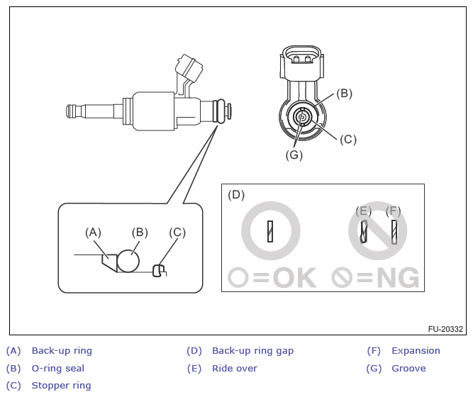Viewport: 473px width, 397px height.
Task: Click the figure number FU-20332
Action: pos(445,329)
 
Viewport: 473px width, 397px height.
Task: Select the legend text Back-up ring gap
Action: pos(252,351)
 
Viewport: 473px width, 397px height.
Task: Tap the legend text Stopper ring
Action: pos(61,386)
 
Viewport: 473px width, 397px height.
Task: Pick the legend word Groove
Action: pos(408,369)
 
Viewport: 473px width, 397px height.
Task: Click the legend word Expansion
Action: pos(416,351)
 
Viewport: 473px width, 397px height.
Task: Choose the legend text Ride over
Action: pos(235,369)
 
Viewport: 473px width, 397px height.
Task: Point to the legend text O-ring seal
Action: pos(58,369)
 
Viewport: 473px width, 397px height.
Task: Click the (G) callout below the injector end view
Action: pos(294,155)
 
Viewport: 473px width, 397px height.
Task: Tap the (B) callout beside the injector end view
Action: pos(344,94)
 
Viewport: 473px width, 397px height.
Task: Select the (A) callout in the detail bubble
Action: pos(93,233)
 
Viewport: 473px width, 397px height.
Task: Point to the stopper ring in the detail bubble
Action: pos(159,270)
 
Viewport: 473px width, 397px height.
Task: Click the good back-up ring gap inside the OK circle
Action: pos(270,231)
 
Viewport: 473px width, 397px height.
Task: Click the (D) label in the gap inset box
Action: pos(236,195)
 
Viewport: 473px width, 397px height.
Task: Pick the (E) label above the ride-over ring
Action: pos(363,211)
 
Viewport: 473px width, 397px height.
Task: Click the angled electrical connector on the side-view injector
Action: pos(189,68)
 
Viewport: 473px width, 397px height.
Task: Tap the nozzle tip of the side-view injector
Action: pos(70,111)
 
